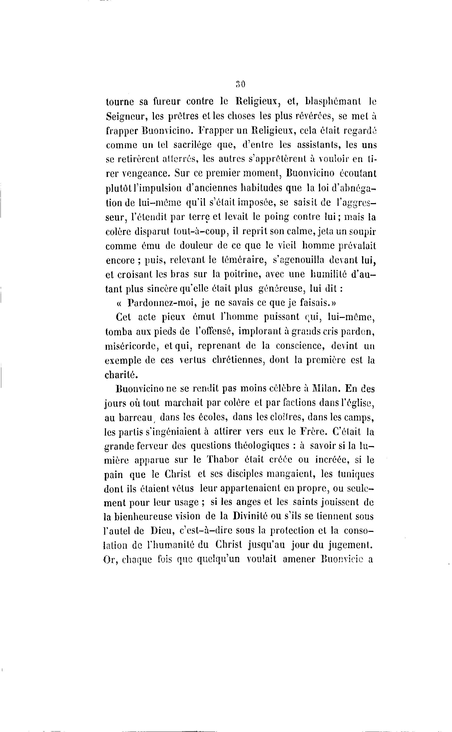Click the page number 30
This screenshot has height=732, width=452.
(241, 84)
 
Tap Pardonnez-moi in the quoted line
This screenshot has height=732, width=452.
(162, 303)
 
